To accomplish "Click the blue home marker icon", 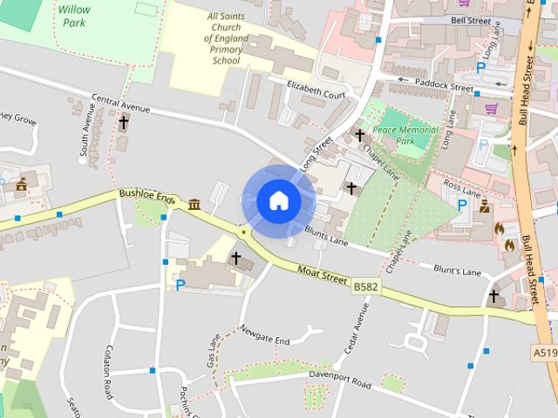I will click(278, 201).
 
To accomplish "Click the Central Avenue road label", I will click(121, 107).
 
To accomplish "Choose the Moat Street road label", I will click(321, 275).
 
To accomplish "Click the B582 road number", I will click(366, 285).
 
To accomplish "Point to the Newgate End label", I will click(265, 337).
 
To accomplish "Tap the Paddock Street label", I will click(444, 84).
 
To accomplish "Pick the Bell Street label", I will click(472, 19).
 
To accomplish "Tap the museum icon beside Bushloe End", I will click(192, 204).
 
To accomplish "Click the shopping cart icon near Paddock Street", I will click(491, 109).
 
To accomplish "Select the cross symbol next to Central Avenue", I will click(124, 123).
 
